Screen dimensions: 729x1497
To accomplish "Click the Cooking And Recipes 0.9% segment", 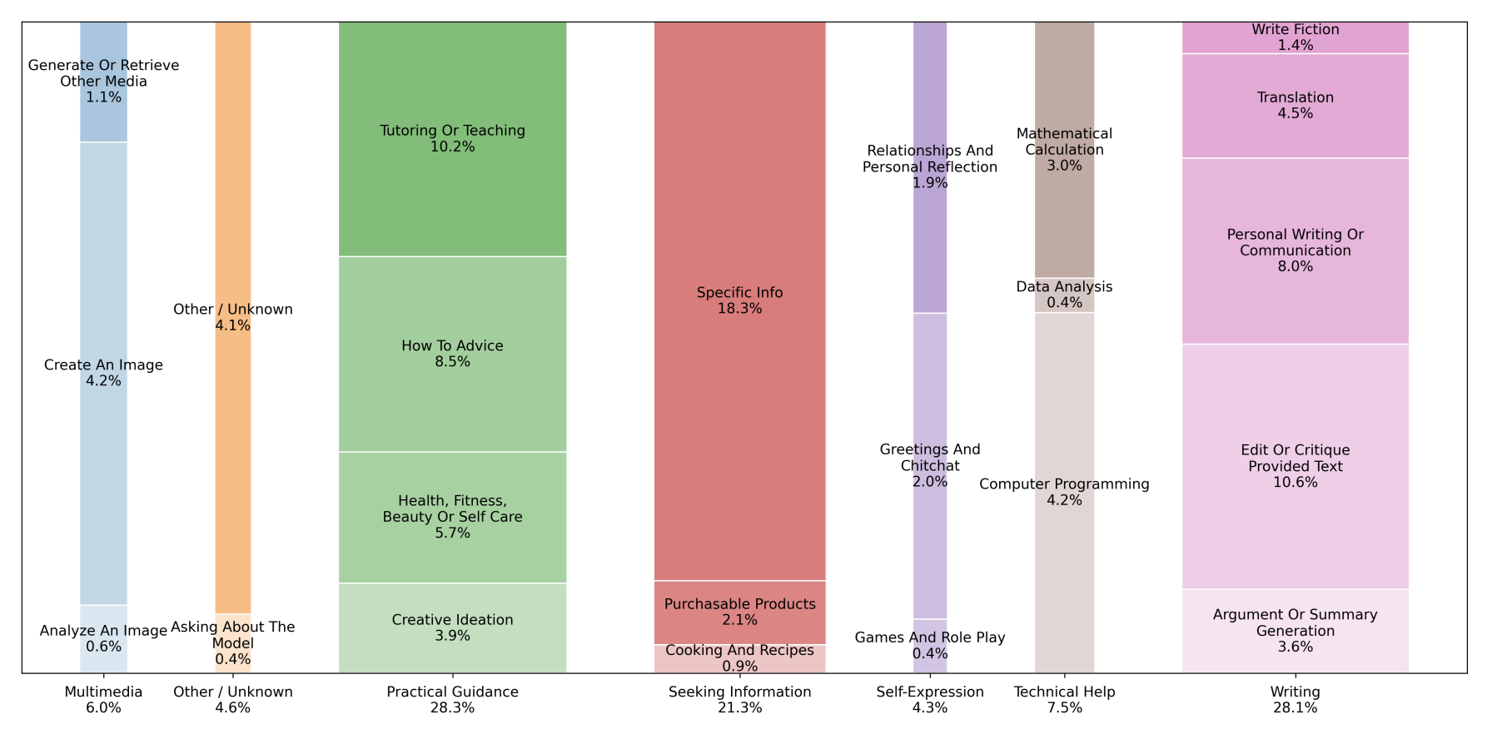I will tap(739, 658).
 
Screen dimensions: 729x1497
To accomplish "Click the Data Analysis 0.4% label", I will tap(1064, 295).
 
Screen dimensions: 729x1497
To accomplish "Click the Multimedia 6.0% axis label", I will tap(103, 700).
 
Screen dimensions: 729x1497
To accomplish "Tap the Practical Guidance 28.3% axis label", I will tap(452, 700).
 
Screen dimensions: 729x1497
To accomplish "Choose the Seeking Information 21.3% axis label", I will tap(739, 700).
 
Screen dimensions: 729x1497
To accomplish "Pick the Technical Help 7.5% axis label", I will tap(1064, 700).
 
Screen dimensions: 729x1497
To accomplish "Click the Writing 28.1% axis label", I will tap(1295, 700).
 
